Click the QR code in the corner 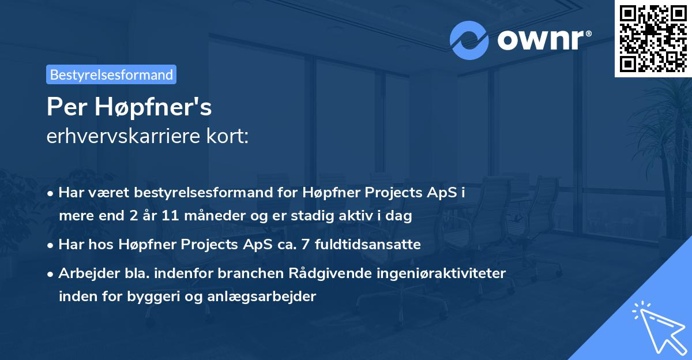pyautogui.click(x=653, y=38)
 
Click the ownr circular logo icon pyautogui.click(x=469, y=40)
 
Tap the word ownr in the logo pyautogui.click(x=543, y=40)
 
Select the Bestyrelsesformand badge pyautogui.click(x=111, y=74)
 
